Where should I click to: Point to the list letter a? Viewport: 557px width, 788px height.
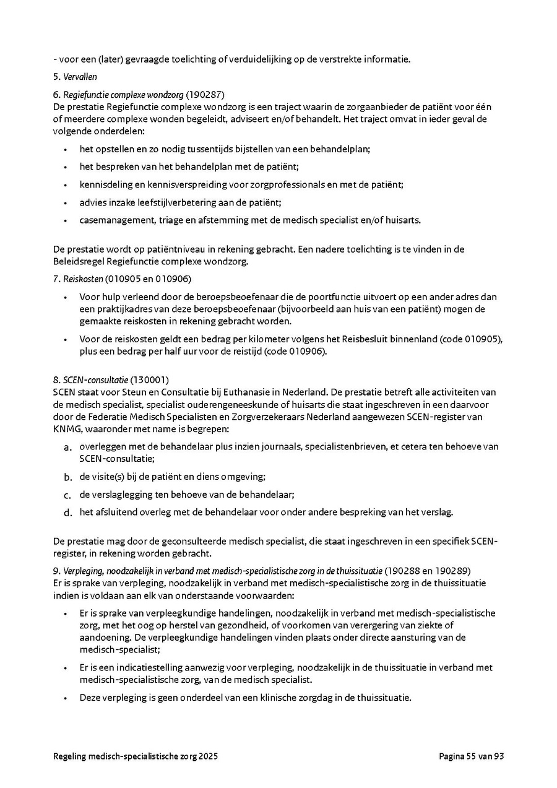tap(68, 447)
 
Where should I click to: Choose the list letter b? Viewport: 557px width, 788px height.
tap(68, 477)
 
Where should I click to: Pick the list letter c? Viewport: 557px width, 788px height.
tap(68, 495)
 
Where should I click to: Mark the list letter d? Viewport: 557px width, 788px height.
tap(68, 512)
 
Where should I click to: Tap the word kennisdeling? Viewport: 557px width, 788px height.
tap(104, 184)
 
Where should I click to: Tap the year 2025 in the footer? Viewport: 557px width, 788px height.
tap(207, 756)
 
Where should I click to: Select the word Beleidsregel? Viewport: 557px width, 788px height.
tap(79, 261)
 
